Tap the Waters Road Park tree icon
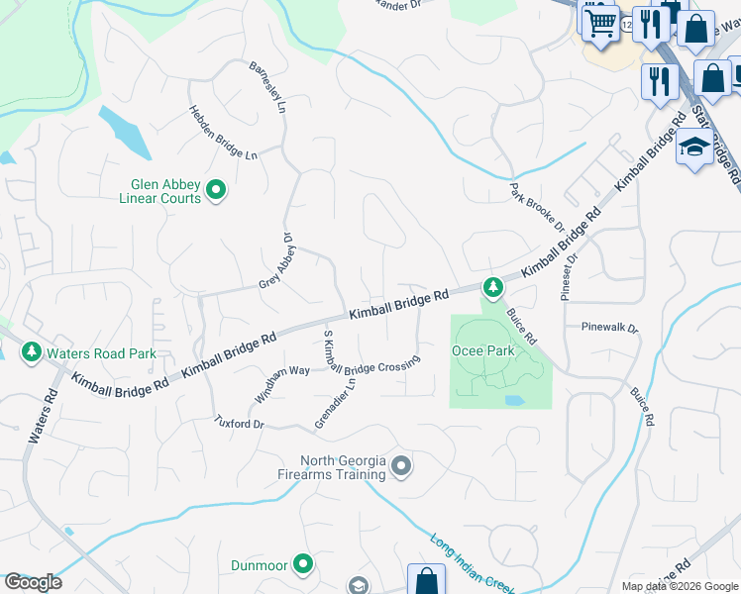tap(32, 351)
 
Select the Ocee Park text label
tap(483, 350)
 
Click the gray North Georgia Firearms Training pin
tap(401, 464)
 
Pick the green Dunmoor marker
tap(303, 565)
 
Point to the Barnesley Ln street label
tap(267, 85)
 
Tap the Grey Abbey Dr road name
tap(277, 260)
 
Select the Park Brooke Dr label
tap(536, 207)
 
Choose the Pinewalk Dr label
tap(610, 326)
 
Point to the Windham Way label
tap(282, 383)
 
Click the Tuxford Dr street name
tap(240, 423)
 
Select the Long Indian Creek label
tap(472, 564)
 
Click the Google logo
tap(33, 582)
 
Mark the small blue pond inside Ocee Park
tap(513, 401)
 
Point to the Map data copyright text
tap(681, 586)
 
